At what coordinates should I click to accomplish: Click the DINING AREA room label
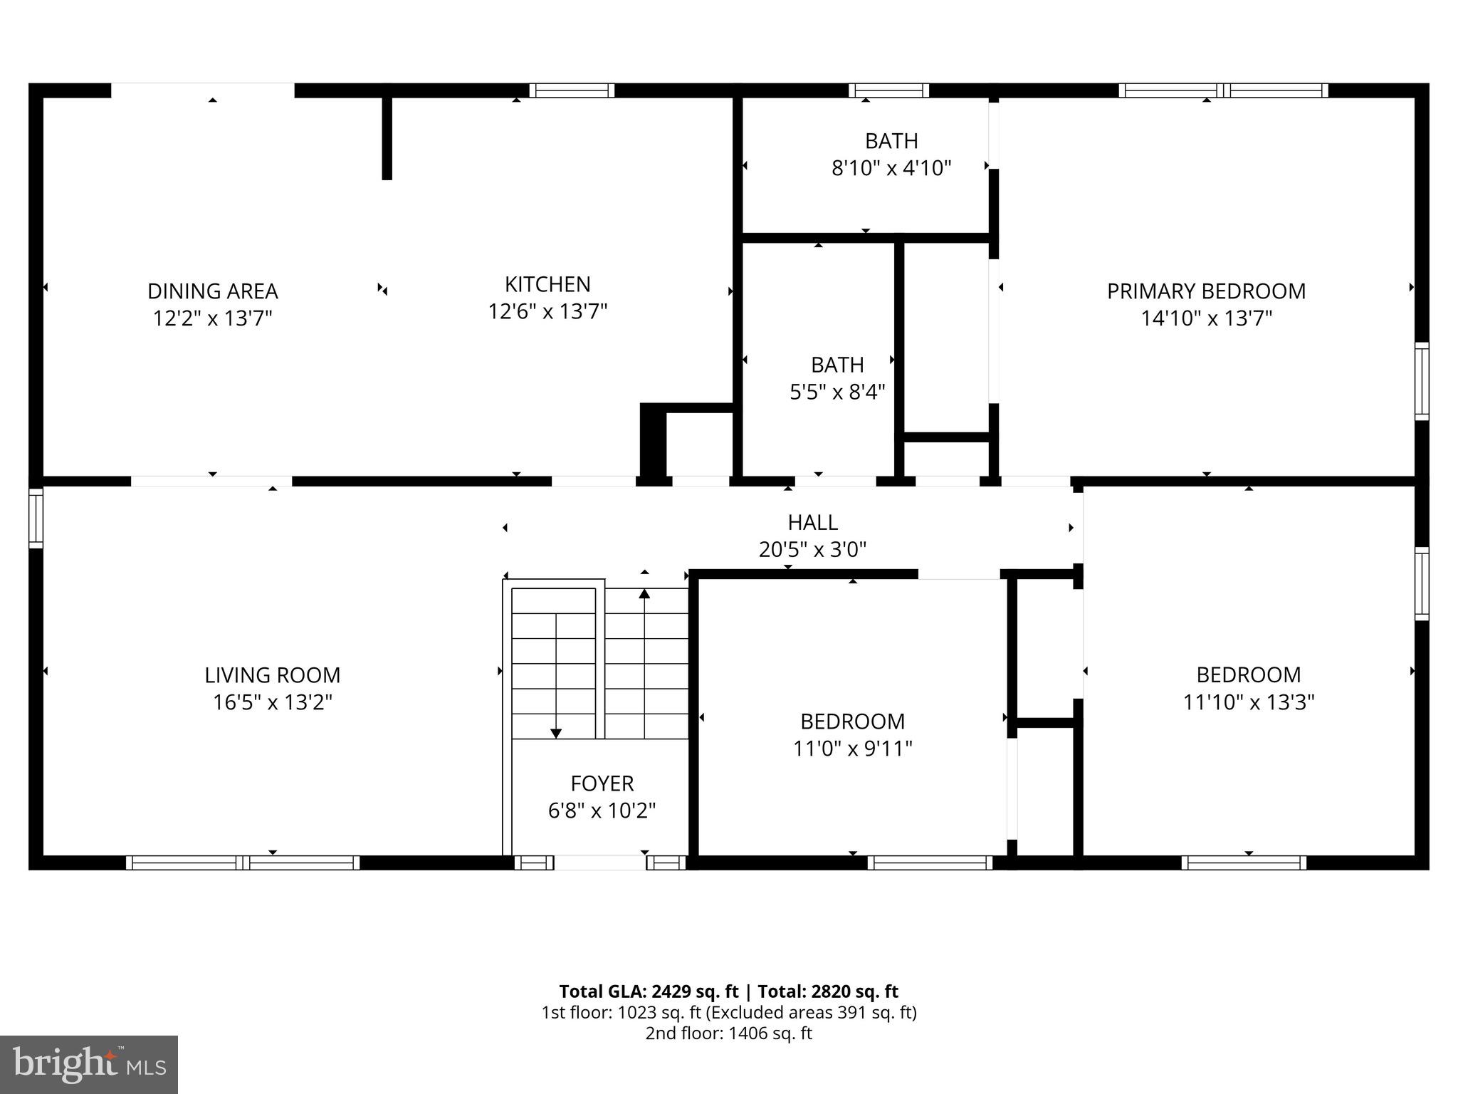(x=212, y=291)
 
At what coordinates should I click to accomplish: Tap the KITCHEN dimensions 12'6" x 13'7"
(x=547, y=311)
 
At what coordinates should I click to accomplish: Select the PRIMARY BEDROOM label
(x=1206, y=291)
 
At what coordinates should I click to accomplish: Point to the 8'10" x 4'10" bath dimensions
(x=891, y=168)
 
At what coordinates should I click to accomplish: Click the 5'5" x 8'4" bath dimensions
(x=837, y=392)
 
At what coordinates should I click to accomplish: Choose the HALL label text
(x=812, y=522)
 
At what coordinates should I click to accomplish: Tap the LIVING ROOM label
(x=272, y=674)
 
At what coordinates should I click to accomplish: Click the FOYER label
(x=602, y=783)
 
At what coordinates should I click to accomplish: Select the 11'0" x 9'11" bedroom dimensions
(x=852, y=749)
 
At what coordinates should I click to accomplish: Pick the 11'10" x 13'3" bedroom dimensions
(x=1248, y=702)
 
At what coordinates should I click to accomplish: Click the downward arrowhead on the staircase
(x=556, y=733)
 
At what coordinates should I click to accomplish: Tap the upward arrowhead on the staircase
(x=644, y=593)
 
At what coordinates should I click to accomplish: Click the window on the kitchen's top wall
(x=572, y=90)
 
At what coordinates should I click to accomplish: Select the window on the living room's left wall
(x=36, y=518)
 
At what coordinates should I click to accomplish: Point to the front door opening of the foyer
(x=599, y=863)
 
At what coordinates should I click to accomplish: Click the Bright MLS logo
(x=89, y=1064)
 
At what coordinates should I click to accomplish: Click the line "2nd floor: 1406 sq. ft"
(x=728, y=1033)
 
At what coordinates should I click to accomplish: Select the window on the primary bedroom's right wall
(x=1421, y=381)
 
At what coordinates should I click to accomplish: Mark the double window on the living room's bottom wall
(x=243, y=863)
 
